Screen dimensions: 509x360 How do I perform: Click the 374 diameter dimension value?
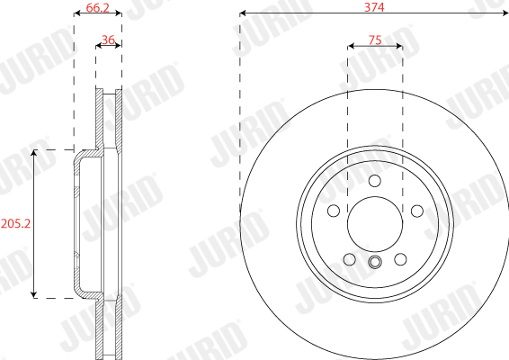point(374,7)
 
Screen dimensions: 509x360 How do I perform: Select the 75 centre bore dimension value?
point(375,40)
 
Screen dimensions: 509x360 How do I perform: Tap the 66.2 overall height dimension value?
point(97,7)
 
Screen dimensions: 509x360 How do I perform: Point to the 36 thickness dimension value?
point(108,40)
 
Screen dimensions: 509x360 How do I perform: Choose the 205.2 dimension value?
point(15,223)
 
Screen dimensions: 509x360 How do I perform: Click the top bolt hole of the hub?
point(375,181)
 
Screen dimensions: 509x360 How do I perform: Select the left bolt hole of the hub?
point(334,211)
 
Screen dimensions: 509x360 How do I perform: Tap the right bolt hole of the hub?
point(416,211)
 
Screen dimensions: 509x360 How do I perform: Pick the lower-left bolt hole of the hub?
point(349,259)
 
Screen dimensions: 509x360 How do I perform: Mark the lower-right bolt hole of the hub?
point(400,259)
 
